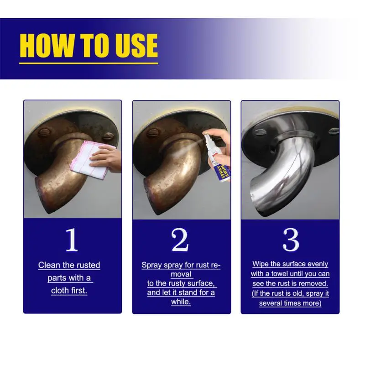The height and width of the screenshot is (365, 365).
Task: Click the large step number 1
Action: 72,240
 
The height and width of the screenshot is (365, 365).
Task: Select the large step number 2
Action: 180,240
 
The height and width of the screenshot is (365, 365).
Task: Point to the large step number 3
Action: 291,240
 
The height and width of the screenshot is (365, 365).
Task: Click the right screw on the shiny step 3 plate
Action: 334,130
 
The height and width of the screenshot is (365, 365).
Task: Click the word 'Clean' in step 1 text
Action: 49,265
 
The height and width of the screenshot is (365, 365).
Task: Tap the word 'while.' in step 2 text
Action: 181,302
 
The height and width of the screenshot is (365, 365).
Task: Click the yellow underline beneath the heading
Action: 89,63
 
